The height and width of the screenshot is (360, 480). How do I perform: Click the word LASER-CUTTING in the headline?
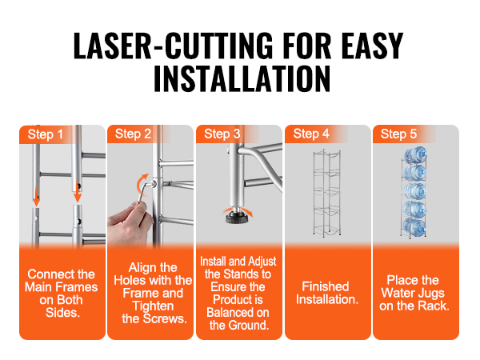pyautogui.click(x=173, y=46)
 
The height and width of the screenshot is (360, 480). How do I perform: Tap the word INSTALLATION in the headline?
pyautogui.click(x=242, y=78)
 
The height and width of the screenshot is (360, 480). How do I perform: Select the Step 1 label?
pyautogui.click(x=46, y=134)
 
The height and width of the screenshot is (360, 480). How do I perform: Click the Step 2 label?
pyautogui.click(x=133, y=134)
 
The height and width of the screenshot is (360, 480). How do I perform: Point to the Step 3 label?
pyautogui.click(x=222, y=134)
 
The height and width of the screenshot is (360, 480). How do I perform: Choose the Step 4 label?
pyautogui.click(x=311, y=134)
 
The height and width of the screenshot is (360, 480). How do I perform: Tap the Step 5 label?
pyautogui.click(x=398, y=134)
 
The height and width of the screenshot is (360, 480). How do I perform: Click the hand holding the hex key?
pyautogui.click(x=130, y=222)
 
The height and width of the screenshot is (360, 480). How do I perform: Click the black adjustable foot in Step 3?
pyautogui.click(x=236, y=217)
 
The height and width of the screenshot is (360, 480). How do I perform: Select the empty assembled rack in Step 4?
pyautogui.click(x=327, y=193)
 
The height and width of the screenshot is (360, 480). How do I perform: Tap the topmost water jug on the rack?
pyautogui.click(x=416, y=155)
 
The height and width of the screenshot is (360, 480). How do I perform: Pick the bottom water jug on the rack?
pyautogui.click(x=414, y=226)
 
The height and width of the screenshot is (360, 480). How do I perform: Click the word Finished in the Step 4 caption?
pyautogui.click(x=326, y=286)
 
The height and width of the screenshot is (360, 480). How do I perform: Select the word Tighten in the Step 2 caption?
pyautogui.click(x=153, y=306)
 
